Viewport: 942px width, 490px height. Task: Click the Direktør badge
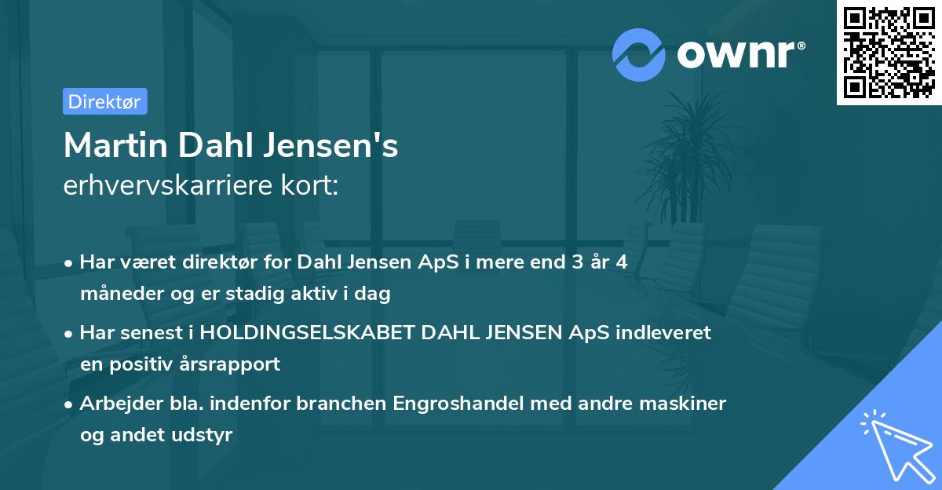coord(104,101)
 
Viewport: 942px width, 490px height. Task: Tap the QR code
coord(889,53)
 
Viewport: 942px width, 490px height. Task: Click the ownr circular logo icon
coord(639,54)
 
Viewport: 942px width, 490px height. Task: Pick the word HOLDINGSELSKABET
coord(308,332)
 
